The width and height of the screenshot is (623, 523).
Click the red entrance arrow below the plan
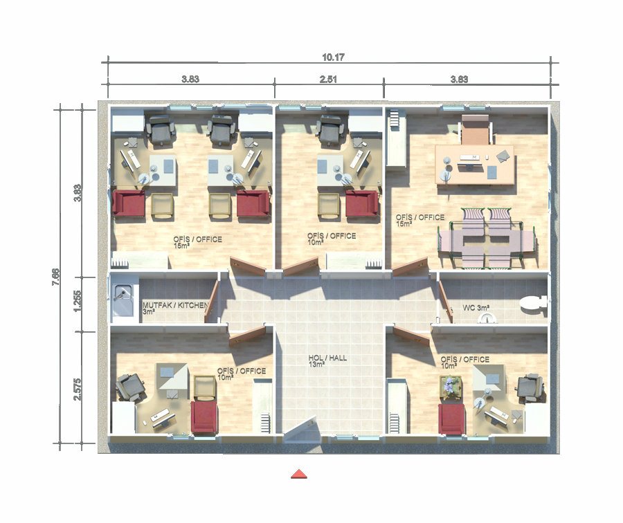pyautogui.click(x=299, y=474)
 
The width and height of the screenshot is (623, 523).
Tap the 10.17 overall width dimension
pyautogui.click(x=333, y=57)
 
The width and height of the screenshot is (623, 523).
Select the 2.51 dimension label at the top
pyautogui.click(x=328, y=79)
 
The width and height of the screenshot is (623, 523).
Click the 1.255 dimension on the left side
pyautogui.click(x=78, y=301)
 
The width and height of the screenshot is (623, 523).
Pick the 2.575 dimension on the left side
pyautogui.click(x=78, y=389)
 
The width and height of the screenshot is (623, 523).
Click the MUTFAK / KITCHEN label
pyautogui.click(x=175, y=305)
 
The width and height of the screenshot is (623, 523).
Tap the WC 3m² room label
pyautogui.click(x=476, y=308)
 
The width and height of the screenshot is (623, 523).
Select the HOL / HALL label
pyautogui.click(x=327, y=358)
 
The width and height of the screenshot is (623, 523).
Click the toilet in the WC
pyautogui.click(x=533, y=302)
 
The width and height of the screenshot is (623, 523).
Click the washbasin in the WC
pyautogui.click(x=487, y=318)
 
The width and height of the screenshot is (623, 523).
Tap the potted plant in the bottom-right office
pyautogui.click(x=451, y=387)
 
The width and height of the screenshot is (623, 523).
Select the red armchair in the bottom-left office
pyautogui.click(x=204, y=416)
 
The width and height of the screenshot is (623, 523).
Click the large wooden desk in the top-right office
pyautogui.click(x=474, y=165)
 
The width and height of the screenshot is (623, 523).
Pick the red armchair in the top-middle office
pyautogui.click(x=361, y=203)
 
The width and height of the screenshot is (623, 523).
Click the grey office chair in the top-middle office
pyautogui.click(x=332, y=129)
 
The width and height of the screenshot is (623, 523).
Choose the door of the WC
pyautogui.click(x=446, y=302)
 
